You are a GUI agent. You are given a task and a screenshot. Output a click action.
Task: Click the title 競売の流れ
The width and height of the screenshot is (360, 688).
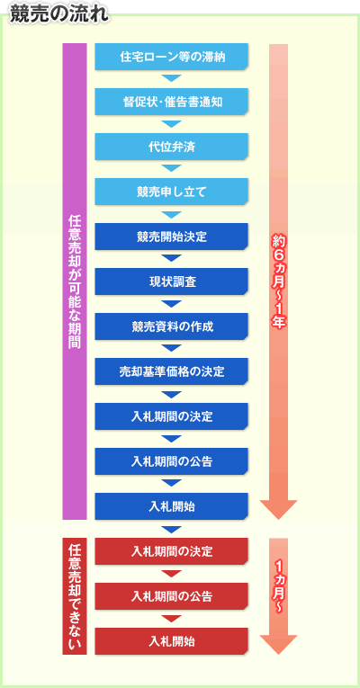coord(58,14)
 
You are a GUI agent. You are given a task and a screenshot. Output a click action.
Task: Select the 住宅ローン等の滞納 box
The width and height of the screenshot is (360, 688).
coord(172,57)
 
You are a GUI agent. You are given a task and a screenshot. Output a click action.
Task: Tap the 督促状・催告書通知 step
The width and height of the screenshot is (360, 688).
coord(172,102)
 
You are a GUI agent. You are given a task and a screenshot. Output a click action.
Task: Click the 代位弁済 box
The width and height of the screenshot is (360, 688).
coord(172,147)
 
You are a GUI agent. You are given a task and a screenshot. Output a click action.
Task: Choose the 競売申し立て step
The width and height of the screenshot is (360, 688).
coord(172,192)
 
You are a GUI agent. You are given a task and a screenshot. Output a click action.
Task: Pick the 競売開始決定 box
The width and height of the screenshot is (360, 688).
coord(172,237)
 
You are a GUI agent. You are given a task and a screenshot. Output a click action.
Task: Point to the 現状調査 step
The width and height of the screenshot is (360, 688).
coord(172,281)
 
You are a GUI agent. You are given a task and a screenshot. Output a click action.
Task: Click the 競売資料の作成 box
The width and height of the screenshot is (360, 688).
coord(172,326)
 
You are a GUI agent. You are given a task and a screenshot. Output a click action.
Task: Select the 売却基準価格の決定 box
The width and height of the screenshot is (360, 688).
coord(172,371)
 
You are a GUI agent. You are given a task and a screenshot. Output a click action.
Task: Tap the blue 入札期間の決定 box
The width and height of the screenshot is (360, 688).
coord(172,416)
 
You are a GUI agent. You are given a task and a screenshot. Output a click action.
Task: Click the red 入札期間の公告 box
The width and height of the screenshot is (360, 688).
coord(172,596)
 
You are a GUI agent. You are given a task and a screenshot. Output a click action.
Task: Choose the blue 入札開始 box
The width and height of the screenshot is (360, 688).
coord(172,506)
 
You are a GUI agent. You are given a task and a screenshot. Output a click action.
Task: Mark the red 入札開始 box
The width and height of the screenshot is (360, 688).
coord(172,641)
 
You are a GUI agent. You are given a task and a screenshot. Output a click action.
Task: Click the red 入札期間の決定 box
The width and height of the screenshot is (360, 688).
coord(172,551)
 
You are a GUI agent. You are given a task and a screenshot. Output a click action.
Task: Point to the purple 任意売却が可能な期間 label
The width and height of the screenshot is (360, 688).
coord(75,281)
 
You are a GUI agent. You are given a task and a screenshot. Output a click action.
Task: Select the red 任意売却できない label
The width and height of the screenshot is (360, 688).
coord(75,596)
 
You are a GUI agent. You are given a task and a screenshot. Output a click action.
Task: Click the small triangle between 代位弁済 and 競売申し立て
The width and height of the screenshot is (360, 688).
coord(171,168)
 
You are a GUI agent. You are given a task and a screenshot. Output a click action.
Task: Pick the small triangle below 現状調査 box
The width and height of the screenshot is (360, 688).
coord(171,304)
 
